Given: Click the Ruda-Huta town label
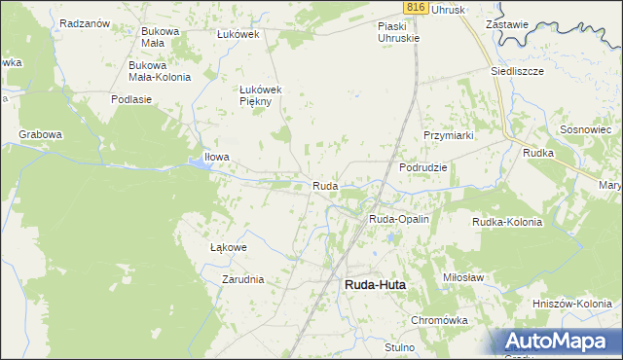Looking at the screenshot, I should tap(375, 285).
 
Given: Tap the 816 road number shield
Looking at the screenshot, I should tap(416, 7).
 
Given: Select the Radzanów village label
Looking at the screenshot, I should tap(84, 23).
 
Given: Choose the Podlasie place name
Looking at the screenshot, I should tap(131, 99).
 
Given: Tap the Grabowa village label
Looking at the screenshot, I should tap(40, 134).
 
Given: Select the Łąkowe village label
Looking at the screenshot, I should tap(229, 247).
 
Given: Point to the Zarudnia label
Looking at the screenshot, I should tap(242, 279).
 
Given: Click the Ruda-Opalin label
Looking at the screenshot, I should tap(399, 220).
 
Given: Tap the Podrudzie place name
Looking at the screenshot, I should tap(423, 167).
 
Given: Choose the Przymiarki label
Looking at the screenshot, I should tap(448, 136).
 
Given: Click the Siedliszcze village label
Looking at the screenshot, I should tap(517, 72).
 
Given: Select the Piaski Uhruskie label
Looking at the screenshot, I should tap(399, 32).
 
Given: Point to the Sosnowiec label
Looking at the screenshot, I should tap(585, 129).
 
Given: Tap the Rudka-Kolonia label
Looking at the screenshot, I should tap(506, 222).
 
